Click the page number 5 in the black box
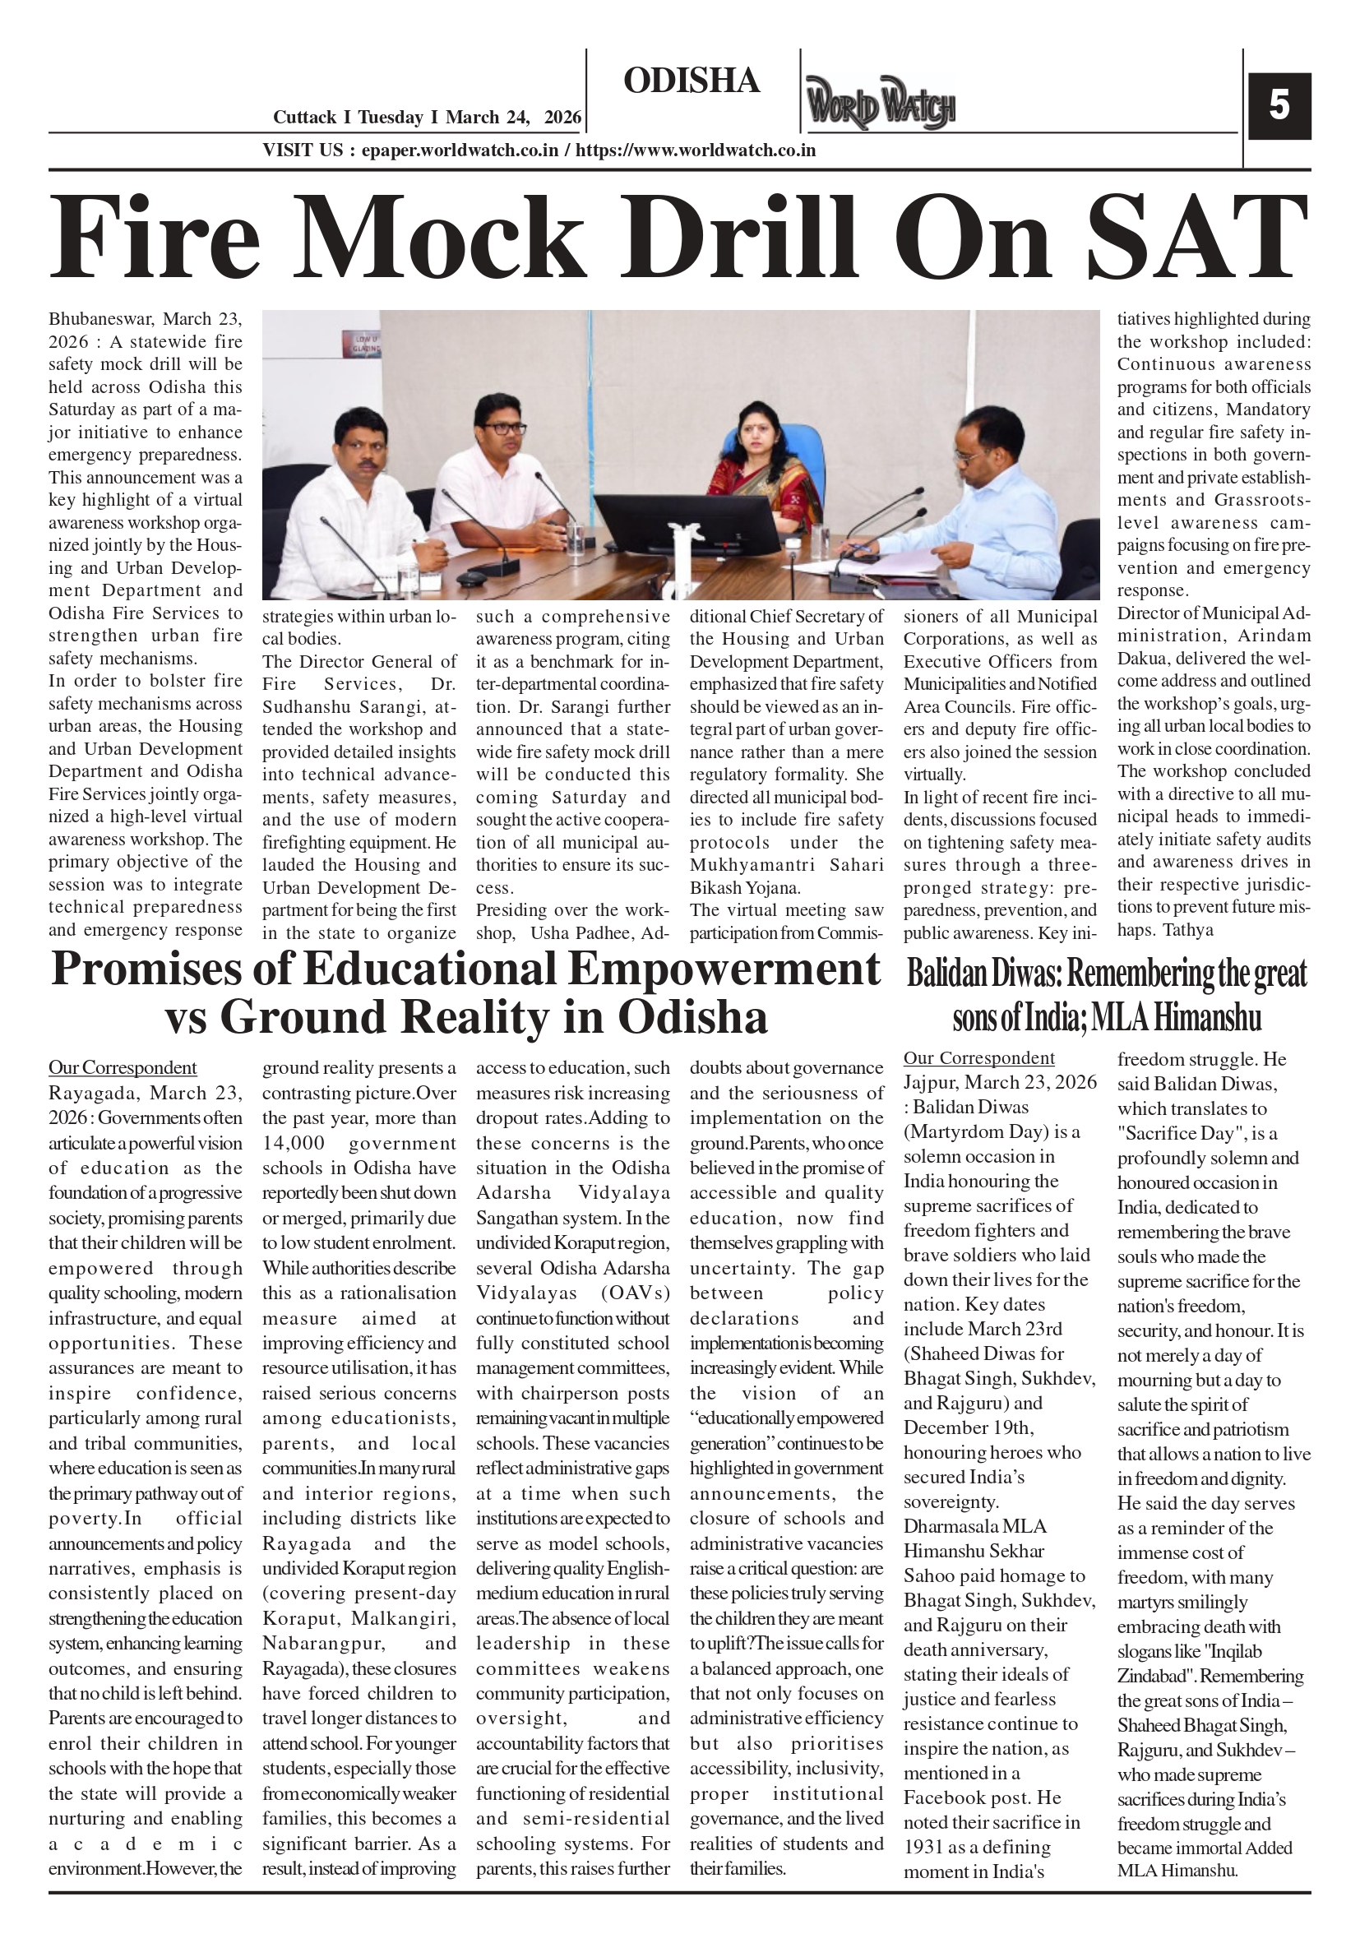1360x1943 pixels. tap(1279, 107)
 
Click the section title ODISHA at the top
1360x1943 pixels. tap(692, 81)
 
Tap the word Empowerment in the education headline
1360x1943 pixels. tap(724, 969)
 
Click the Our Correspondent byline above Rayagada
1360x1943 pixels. tap(123, 1068)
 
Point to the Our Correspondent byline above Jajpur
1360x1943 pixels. tap(979, 1057)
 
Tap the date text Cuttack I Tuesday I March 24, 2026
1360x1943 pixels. tap(428, 118)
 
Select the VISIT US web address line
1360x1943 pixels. tap(539, 150)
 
